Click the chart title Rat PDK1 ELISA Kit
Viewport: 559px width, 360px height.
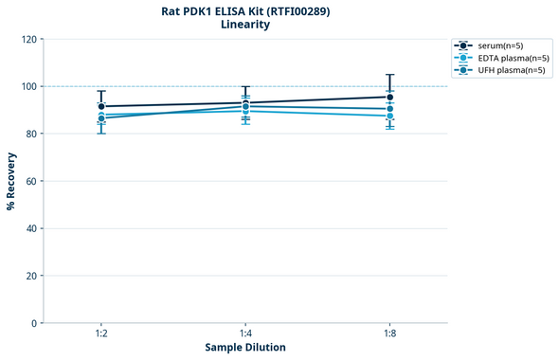click(x=245, y=10)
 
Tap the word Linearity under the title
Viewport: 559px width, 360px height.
click(x=245, y=25)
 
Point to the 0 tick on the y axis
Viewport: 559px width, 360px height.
click(x=34, y=323)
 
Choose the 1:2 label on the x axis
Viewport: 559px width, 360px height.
click(x=101, y=334)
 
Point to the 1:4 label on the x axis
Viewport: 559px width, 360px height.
click(x=245, y=334)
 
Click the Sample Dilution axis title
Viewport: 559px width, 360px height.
click(x=245, y=348)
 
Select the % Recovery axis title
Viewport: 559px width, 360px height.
click(x=11, y=180)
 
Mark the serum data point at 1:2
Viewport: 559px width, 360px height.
click(x=101, y=106)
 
